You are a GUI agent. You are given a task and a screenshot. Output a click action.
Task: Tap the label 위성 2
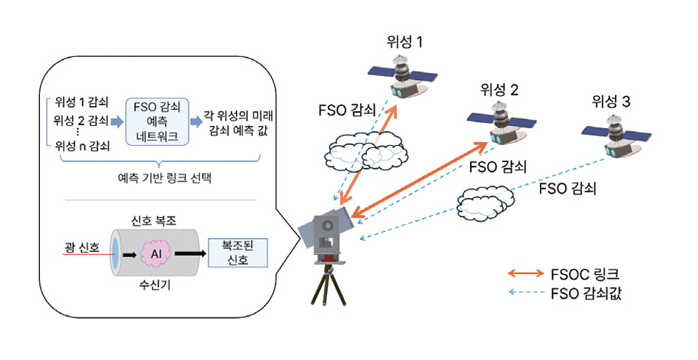click(x=499, y=90)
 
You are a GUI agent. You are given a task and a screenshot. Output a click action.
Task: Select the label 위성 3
click(x=610, y=101)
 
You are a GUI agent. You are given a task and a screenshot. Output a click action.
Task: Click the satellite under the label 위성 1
click(x=400, y=76)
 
